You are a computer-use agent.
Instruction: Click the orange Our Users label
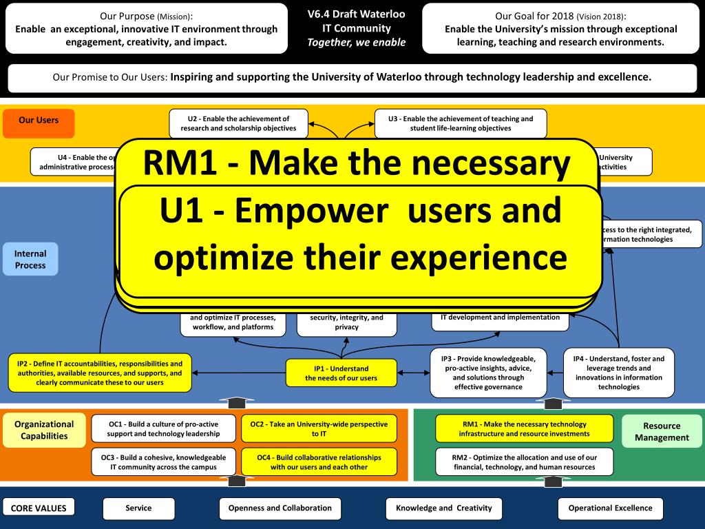[39, 122]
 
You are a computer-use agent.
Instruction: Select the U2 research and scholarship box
[238, 123]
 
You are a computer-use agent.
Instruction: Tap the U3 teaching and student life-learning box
[461, 123]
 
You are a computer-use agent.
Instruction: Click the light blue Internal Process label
[30, 259]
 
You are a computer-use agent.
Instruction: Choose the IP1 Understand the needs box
[341, 373]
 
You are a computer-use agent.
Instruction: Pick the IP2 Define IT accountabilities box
[100, 373]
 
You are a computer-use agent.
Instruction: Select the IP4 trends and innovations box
[618, 373]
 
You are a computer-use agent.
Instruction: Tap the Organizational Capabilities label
[44, 429]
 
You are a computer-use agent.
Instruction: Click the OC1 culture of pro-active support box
[163, 428]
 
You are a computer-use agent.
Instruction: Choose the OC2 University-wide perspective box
[319, 428]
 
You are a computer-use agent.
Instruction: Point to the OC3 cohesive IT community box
[163, 461]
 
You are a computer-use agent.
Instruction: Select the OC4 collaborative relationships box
[319, 461]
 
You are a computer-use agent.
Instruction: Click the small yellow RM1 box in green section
[524, 428]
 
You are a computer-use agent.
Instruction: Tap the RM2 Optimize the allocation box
[524, 461]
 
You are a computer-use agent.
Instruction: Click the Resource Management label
[662, 431]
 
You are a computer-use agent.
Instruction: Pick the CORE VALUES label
[39, 508]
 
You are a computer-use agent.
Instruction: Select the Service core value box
[138, 508]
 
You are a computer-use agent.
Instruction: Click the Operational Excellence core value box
[610, 508]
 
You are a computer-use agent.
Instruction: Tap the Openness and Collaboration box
[280, 508]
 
